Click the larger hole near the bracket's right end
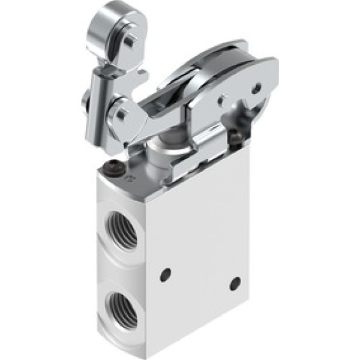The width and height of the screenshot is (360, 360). pyautogui.click(x=256, y=89)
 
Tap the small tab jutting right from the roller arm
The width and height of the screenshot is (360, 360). pyautogui.click(x=143, y=75)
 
